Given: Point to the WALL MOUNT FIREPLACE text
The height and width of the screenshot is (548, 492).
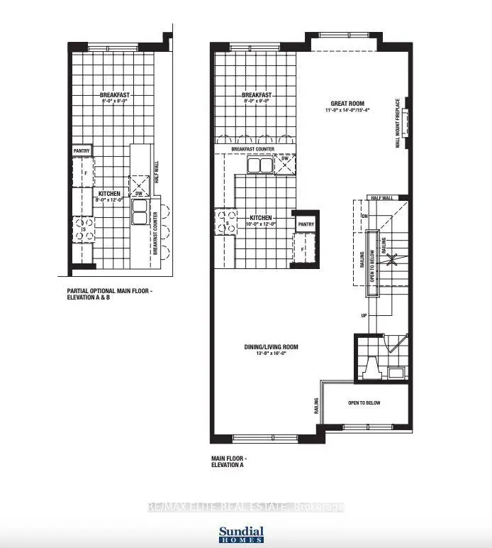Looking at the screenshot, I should tap(398, 122).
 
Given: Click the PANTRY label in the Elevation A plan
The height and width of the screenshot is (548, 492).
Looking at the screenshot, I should tap(306, 224).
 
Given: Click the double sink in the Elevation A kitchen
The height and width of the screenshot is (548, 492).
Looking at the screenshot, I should tap(259, 165).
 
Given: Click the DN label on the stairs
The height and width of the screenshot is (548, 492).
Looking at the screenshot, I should tap(364, 215).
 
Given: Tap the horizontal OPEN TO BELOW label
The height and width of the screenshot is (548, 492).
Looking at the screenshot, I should tap(364, 403).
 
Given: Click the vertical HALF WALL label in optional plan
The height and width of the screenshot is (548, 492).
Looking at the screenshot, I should tap(156, 172).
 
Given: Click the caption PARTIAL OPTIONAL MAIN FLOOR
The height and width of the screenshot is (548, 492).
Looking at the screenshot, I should tap(109, 290).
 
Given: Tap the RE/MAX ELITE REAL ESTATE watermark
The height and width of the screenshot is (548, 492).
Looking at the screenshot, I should tap(245, 507).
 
